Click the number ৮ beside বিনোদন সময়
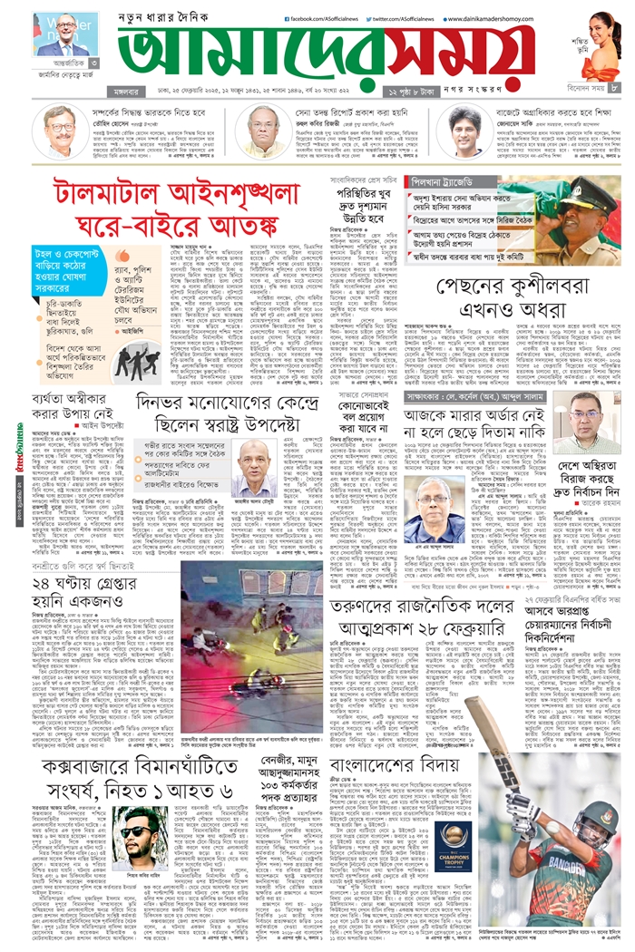[x=614, y=87]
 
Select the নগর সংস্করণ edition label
[x=476, y=89]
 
